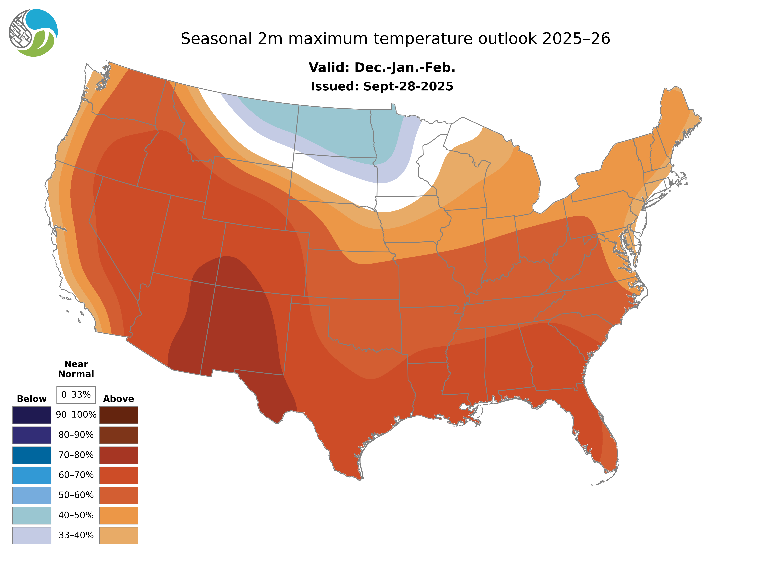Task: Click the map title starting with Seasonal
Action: tap(395, 39)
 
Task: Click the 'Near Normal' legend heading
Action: tap(76, 369)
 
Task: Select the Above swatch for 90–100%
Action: tap(118, 415)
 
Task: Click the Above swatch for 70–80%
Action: tap(118, 455)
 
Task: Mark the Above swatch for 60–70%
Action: tap(118, 475)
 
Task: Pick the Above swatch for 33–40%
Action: tap(118, 535)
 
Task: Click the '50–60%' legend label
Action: tap(76, 495)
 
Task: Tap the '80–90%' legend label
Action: tap(76, 435)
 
